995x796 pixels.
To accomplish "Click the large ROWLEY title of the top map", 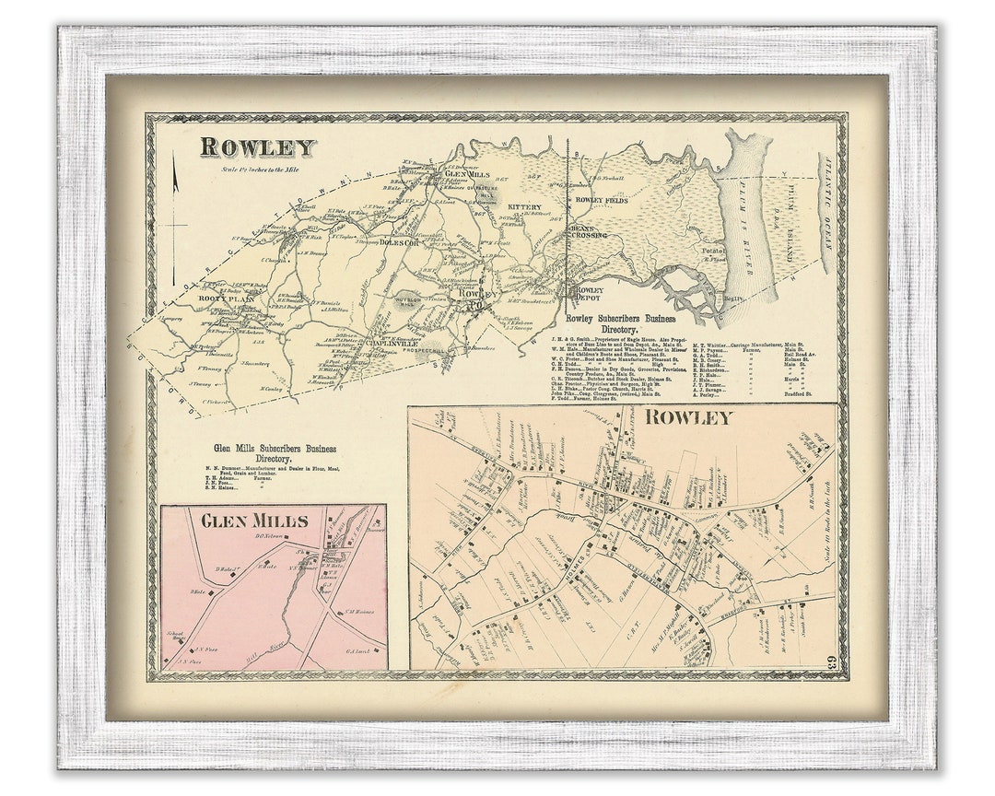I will point(257,147).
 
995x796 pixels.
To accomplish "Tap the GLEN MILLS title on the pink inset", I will point(254,521).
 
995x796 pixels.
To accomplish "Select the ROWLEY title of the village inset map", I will point(688,417).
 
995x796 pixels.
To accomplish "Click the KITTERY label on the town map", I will point(524,207).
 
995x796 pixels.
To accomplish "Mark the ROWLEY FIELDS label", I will point(602,200).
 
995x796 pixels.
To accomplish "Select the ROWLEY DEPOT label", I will point(590,293).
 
